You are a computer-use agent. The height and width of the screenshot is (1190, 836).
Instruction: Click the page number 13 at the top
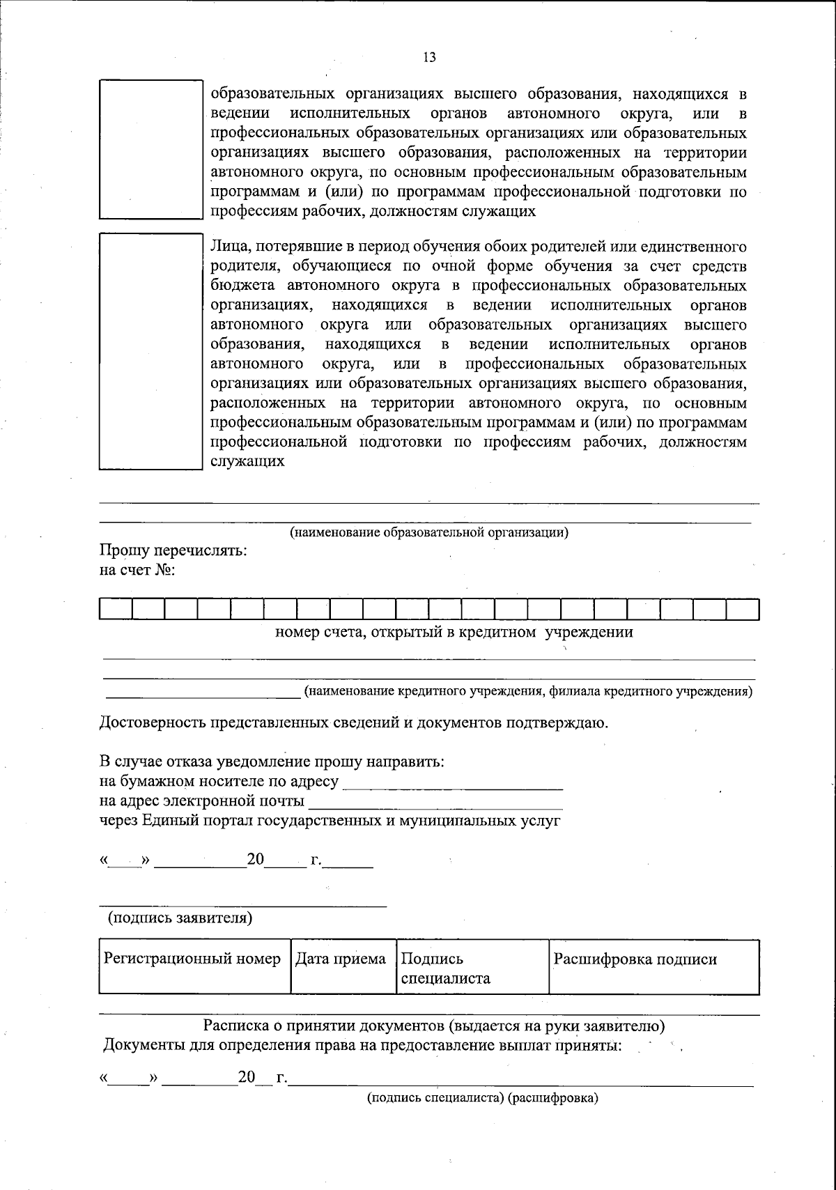tap(429, 58)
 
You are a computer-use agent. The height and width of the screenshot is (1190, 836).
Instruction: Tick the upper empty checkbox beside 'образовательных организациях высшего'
tap(150, 149)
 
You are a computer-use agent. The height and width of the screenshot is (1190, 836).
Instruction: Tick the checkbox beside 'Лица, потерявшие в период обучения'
tap(150, 350)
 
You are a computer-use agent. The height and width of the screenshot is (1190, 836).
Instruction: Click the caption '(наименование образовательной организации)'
tap(429, 533)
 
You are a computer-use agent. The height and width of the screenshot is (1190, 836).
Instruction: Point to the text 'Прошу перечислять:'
tap(173, 550)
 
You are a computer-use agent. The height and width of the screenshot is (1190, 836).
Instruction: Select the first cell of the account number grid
tap(116, 610)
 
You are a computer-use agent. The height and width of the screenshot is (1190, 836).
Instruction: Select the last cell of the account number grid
tap(743, 610)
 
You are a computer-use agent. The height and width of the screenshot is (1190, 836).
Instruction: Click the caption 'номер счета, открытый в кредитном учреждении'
tap(454, 633)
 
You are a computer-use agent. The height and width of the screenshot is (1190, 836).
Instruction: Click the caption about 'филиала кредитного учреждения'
tap(527, 692)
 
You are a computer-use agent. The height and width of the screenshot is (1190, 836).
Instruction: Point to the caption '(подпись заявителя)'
tap(180, 918)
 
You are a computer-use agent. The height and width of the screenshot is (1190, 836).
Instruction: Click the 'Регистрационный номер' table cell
tap(194, 966)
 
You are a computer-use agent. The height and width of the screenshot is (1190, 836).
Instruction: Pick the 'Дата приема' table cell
tap(341, 966)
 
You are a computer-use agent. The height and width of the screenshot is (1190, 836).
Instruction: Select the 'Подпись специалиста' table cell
tap(472, 967)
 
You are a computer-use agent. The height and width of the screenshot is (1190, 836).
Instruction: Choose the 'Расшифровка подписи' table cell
tap(653, 966)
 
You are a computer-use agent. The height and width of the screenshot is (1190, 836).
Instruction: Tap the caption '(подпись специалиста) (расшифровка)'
tap(483, 1099)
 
